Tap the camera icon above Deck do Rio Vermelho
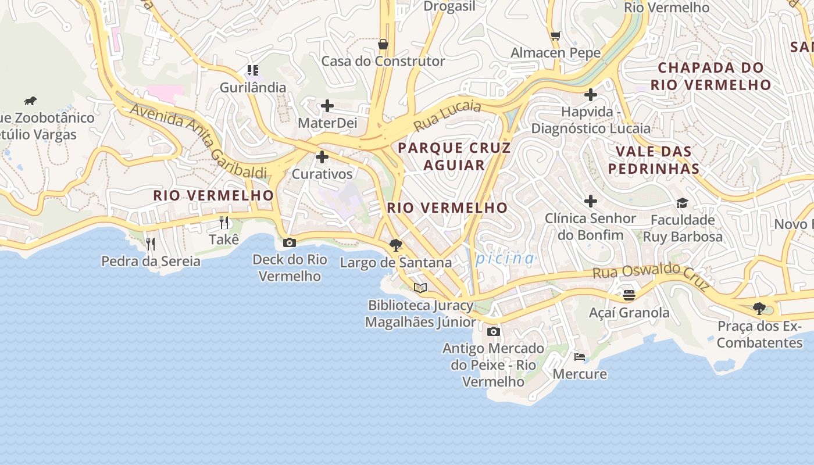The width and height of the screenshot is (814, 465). pos(289,242)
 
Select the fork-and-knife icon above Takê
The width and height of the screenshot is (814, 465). pos(224,222)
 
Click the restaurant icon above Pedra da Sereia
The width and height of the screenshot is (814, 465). pos(151,244)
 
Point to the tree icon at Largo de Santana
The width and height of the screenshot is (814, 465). pos(396,245)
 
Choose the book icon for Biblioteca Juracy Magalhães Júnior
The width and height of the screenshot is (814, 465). pos(420,288)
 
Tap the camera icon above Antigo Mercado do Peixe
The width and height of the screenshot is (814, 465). pos(493,331)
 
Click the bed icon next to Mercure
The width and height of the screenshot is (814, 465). pos(579,356)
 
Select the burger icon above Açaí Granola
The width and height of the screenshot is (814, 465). pos(629,295)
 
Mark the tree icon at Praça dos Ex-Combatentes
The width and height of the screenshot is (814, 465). pos(759,309)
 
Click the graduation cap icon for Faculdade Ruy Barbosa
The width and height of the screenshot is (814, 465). pos(682,203)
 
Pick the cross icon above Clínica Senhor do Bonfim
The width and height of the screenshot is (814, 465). pos(590,201)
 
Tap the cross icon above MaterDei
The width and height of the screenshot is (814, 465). pos(327,106)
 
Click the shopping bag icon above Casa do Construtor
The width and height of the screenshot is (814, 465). pos(383,44)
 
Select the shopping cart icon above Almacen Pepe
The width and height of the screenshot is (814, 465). pos(555,36)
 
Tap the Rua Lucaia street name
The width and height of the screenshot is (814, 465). pos(447,115)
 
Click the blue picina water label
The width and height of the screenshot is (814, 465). pos(504,258)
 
